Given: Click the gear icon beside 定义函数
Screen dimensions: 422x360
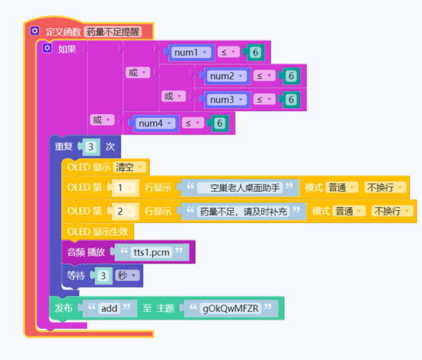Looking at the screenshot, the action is (34, 31).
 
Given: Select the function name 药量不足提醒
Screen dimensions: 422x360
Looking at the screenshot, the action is (113, 32).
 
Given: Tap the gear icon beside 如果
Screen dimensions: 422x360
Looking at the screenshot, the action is (46, 48).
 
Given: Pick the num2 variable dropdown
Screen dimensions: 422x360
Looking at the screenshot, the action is (226, 76).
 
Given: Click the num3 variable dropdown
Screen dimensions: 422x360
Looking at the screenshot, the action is (226, 100).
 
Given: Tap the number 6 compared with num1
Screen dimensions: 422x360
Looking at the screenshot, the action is (255, 53).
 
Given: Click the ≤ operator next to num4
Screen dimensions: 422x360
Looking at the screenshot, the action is (193, 123).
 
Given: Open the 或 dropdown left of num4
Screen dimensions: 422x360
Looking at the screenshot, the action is (102, 120).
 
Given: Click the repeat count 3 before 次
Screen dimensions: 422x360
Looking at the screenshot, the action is (91, 147).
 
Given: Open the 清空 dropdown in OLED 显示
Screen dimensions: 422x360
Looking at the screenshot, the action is (129, 167).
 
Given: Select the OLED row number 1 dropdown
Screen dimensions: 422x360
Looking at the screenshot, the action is (124, 188).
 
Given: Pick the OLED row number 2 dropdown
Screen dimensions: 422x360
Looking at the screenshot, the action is (124, 212).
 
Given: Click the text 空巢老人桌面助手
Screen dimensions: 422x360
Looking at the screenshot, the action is (240, 188).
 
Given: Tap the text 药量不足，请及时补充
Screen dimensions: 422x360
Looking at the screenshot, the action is (244, 212).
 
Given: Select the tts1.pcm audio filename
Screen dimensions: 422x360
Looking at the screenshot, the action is (152, 252).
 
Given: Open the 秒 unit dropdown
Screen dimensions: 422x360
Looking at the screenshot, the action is (127, 276).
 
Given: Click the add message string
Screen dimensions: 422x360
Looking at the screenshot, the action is (109, 308).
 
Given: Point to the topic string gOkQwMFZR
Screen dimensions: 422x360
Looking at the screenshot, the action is (230, 308).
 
